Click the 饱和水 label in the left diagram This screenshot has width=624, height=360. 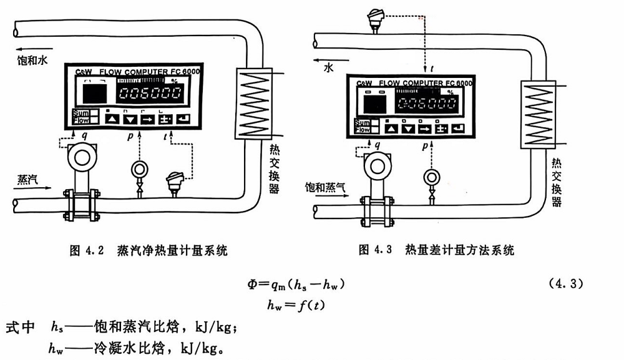pos(32,61)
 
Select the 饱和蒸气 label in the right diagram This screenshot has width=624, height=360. pos(326,187)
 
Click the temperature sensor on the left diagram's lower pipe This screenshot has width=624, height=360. pos(174,182)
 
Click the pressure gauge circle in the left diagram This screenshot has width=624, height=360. pos(139,170)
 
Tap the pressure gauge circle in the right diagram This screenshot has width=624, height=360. pos(431,177)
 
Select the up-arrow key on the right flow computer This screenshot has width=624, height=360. pos(391,129)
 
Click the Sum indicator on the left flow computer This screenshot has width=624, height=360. pos(80,113)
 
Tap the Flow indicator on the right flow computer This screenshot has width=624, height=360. pos(363,130)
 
